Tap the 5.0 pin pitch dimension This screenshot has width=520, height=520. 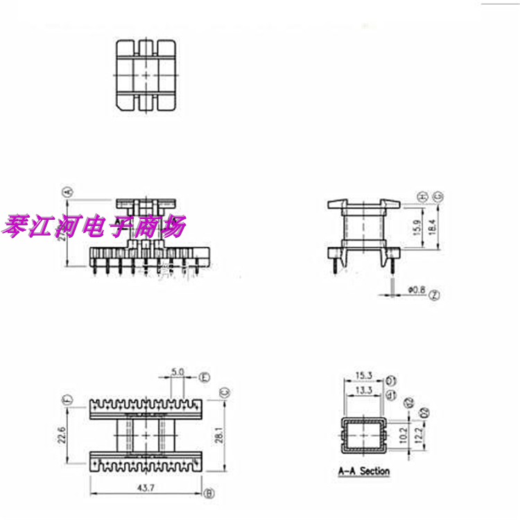pyautogui.click(x=177, y=372)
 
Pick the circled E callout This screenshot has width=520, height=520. pyautogui.click(x=205, y=377)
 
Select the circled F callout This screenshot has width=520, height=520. pyautogui.click(x=67, y=400)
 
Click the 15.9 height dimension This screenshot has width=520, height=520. pyautogui.click(x=416, y=227)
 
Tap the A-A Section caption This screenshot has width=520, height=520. pyautogui.click(x=364, y=471)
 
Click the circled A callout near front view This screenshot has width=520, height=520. pyautogui.click(x=67, y=192)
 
